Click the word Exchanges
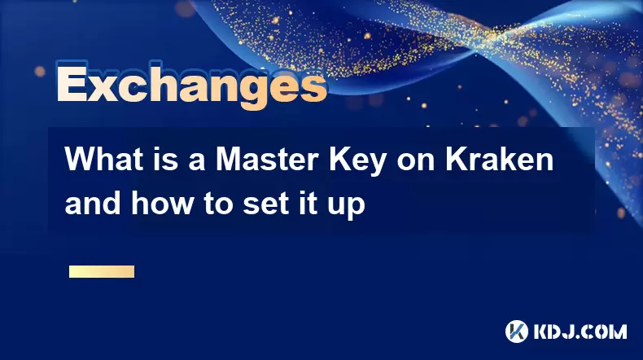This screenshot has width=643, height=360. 192,86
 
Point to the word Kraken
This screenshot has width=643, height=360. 500,159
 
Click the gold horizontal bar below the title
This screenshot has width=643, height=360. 102,272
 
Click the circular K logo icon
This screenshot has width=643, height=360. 517,331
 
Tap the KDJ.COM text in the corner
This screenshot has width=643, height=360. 580,331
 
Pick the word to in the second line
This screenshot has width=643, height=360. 218,204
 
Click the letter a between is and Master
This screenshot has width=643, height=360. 197,163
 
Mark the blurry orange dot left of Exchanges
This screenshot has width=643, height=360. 40,72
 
